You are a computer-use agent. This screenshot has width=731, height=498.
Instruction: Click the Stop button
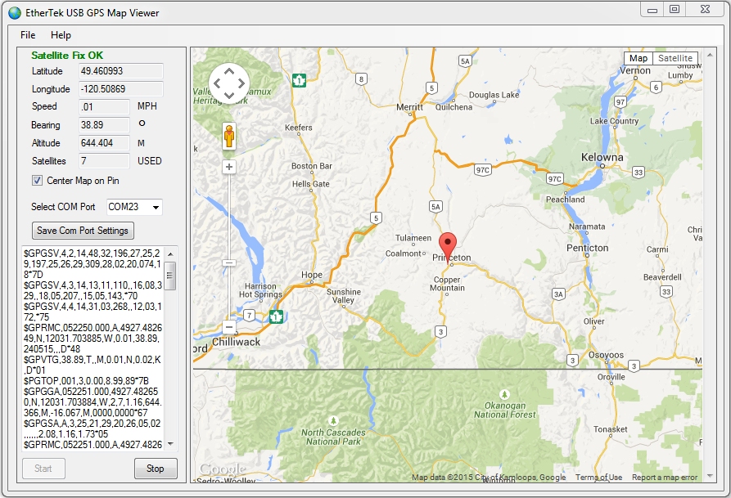coord(156,469)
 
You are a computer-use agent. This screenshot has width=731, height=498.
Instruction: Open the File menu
coord(28,35)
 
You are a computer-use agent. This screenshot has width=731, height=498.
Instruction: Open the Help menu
coord(61,35)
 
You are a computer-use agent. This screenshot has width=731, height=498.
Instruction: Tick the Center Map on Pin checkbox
coord(37,181)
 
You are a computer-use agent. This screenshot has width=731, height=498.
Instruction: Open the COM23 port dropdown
coord(134,207)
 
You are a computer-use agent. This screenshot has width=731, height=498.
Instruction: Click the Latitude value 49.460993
coord(120,71)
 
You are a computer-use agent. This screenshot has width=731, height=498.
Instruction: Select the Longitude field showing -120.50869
coord(120,89)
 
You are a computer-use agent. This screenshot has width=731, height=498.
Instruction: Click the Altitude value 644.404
coord(104,143)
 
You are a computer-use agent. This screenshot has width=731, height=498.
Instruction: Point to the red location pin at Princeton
coord(448,245)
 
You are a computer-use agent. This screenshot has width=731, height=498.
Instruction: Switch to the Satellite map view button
coord(675,58)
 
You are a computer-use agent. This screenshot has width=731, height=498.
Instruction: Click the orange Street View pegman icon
coord(229,137)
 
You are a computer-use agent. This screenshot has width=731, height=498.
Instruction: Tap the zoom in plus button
coord(229,167)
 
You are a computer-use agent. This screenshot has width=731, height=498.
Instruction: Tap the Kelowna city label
coord(602,157)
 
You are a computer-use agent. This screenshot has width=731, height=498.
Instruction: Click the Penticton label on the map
coord(588,248)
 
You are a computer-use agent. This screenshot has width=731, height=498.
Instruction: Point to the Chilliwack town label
coord(236,342)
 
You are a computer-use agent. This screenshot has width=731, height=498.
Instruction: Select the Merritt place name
coord(409,107)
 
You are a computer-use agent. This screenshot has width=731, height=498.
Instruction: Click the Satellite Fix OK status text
coord(67,56)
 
